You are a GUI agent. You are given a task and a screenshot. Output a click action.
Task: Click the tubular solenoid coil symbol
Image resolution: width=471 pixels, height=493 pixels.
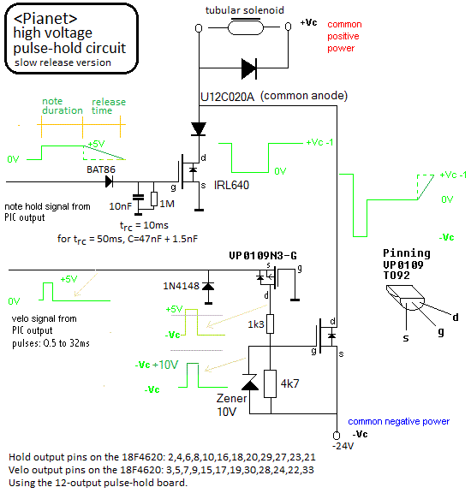click(x=246, y=27)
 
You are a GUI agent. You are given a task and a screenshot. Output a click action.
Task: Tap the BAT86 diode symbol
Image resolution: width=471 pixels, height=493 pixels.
click(x=109, y=181)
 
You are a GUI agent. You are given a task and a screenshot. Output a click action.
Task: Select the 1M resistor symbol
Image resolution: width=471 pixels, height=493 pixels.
click(x=154, y=199)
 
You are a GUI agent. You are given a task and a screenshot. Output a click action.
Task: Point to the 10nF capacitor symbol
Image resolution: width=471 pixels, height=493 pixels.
click(x=138, y=198)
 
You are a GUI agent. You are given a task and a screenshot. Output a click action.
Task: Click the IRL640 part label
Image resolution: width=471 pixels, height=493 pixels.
click(x=231, y=185)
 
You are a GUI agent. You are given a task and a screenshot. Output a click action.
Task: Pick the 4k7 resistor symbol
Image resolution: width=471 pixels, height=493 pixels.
click(x=271, y=383)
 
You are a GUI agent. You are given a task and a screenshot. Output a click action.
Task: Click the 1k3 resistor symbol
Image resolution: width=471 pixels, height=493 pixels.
click(x=271, y=324)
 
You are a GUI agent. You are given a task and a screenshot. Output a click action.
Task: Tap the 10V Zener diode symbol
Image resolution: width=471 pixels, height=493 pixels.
click(x=249, y=382)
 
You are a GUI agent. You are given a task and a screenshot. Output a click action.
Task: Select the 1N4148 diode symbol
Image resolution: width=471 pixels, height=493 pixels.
click(x=208, y=287)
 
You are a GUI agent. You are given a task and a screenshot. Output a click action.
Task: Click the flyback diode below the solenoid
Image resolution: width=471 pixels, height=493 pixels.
click(x=249, y=68)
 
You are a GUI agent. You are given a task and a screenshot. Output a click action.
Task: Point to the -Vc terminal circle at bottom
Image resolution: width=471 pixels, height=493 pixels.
click(x=337, y=435)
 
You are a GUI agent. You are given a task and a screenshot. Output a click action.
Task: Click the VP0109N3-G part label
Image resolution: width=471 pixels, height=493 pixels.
click(x=263, y=256)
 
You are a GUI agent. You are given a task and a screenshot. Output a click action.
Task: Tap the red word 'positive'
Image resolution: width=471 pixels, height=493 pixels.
click(x=343, y=37)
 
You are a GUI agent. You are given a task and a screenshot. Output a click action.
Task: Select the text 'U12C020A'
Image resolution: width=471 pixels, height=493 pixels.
click(x=227, y=97)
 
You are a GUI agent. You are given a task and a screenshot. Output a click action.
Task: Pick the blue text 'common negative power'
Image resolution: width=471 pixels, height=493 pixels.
click(x=398, y=421)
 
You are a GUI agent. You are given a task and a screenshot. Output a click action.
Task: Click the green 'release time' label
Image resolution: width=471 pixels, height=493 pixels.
click(x=109, y=106)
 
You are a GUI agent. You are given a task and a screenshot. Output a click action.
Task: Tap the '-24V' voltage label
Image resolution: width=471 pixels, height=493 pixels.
click(x=343, y=446)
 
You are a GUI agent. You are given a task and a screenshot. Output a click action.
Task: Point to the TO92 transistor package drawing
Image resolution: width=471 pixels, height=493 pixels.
click(x=405, y=297)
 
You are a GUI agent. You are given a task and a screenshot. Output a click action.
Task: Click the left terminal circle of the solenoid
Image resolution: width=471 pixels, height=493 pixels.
click(x=199, y=28)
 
